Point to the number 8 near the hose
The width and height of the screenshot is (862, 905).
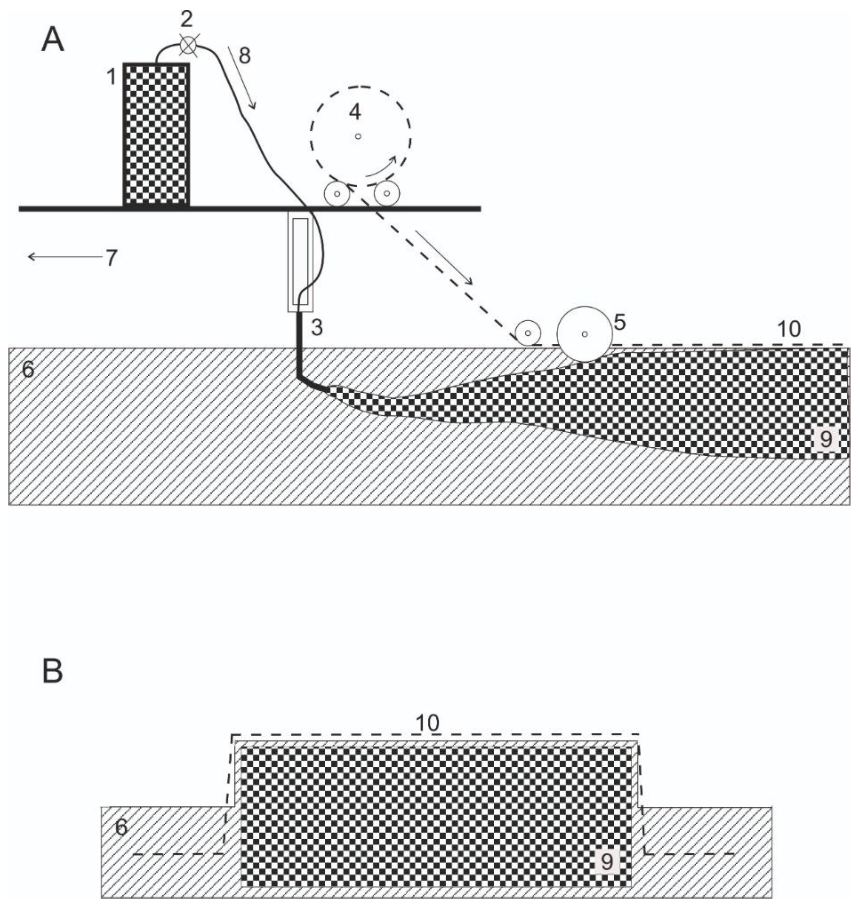coord(245,56)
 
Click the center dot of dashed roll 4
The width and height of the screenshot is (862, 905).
coord(358,136)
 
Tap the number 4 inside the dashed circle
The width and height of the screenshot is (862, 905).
coord(355,111)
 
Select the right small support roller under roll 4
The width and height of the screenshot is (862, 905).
coord(387,194)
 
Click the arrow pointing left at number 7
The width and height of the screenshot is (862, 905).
coord(64,257)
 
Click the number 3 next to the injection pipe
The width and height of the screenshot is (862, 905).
coord(317,328)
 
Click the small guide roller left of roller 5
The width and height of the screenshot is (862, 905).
coord(528,333)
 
